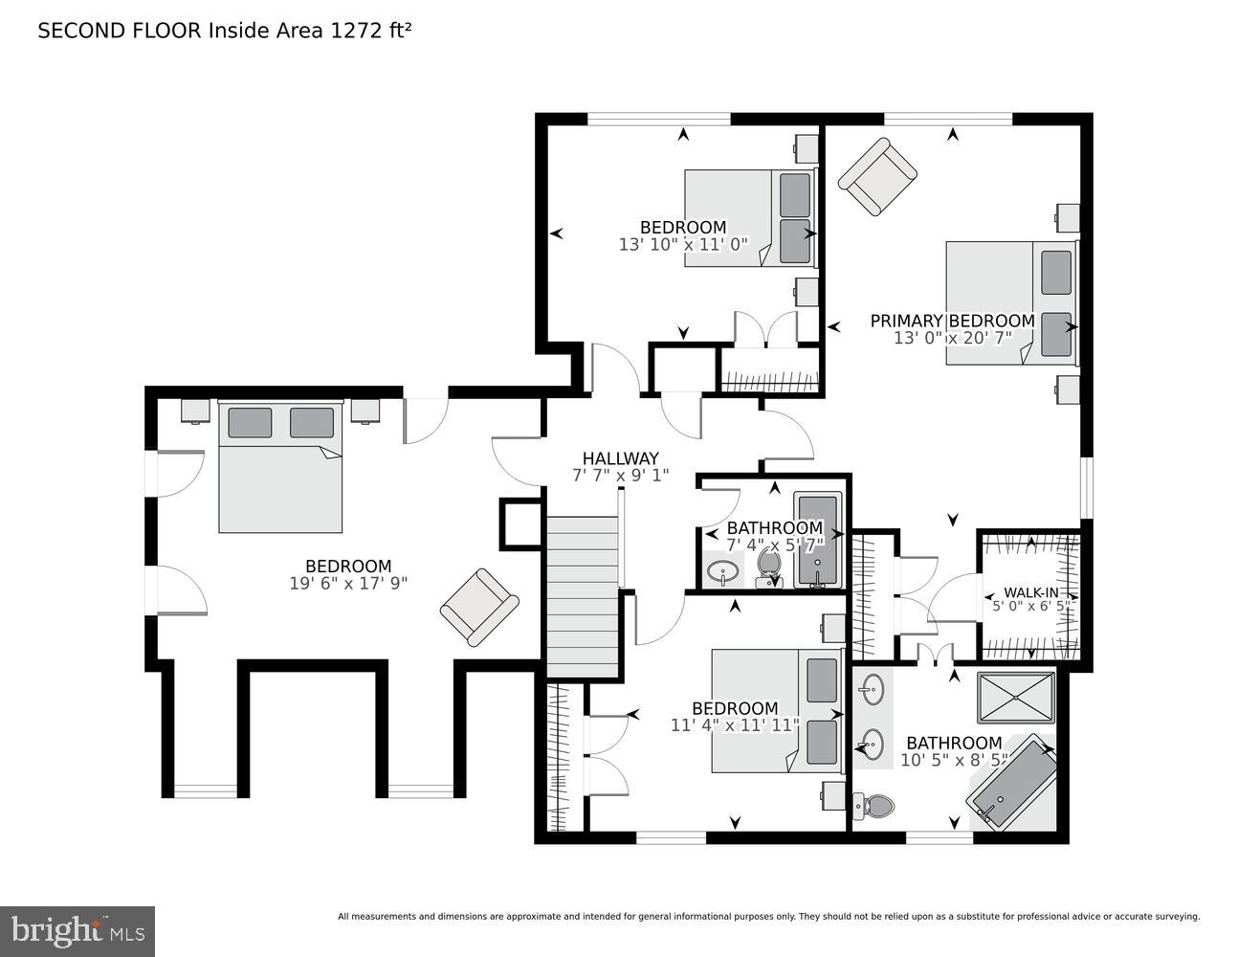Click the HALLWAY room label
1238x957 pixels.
620,458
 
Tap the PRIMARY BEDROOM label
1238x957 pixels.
952,322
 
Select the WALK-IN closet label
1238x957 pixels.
1030,592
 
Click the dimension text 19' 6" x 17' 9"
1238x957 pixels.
348,583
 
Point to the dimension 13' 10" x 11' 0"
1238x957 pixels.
683,245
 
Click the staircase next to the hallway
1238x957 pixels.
582,593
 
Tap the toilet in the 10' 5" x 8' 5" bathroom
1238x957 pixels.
874,807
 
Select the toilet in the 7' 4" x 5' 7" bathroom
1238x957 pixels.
769,567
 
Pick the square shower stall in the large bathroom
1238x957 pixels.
1016,698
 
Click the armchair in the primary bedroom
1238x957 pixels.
877,178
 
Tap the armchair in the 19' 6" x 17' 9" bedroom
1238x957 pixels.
479,608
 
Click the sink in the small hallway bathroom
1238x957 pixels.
722,573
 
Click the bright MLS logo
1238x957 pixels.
77,930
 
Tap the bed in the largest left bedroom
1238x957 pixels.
280,467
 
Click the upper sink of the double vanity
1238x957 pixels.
872,687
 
